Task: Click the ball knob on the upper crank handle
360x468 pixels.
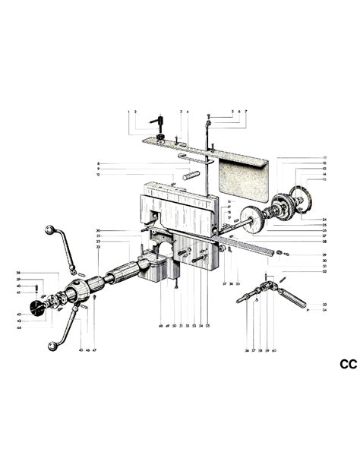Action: click(x=51, y=229)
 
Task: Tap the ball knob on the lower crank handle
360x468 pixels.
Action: click(x=51, y=346)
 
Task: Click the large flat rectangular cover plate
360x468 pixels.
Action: click(x=244, y=179)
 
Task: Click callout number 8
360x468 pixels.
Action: click(x=98, y=163)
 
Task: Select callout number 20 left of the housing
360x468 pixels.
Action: click(x=98, y=230)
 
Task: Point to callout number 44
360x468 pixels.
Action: click(x=18, y=327)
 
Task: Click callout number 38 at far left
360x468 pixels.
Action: click(x=18, y=273)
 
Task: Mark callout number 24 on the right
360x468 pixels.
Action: click(x=324, y=219)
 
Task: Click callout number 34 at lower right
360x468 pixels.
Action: click(x=324, y=310)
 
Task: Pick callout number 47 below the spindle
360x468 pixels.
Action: click(x=96, y=349)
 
